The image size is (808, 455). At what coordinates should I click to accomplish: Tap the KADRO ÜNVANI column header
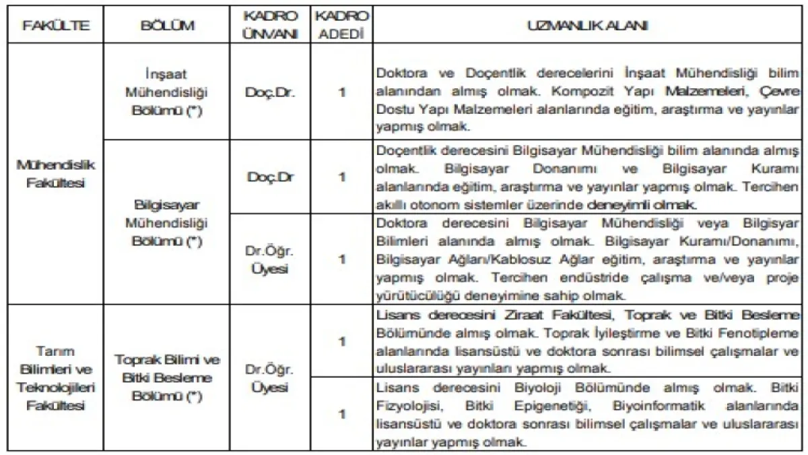click(x=271, y=26)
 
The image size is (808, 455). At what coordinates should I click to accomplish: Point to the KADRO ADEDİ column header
click(x=342, y=26)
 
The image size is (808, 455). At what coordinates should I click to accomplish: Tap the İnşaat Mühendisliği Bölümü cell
click(x=167, y=92)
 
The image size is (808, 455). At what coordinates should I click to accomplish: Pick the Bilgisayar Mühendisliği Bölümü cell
click(x=167, y=222)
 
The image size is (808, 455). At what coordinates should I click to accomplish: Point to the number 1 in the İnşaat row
click(x=342, y=92)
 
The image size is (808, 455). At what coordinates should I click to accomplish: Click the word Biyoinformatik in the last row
click(x=651, y=406)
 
